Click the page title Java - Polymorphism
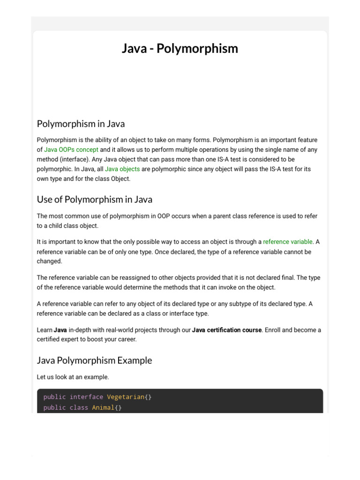click(x=180, y=48)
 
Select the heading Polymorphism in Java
click(x=81, y=124)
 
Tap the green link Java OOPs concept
click(x=71, y=150)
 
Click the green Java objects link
click(x=122, y=169)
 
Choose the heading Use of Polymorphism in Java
click(x=94, y=199)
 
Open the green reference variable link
click(x=287, y=242)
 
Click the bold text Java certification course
click(x=227, y=330)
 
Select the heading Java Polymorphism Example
click(x=94, y=360)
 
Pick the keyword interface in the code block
click(x=86, y=397)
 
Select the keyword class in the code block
click(x=79, y=408)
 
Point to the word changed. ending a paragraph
click(x=49, y=261)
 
